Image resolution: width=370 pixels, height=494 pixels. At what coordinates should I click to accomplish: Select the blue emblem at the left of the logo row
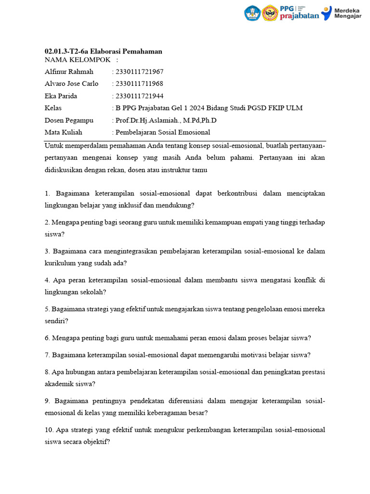(252, 13)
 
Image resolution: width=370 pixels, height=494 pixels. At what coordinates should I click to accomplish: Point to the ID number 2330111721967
(136, 72)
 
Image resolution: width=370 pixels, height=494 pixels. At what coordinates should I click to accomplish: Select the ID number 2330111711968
(136, 84)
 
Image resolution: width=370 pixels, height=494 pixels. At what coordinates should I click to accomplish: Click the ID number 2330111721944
(136, 96)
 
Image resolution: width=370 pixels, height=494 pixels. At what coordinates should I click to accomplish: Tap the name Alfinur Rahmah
(69, 72)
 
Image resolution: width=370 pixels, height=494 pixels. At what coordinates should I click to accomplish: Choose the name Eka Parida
(61, 96)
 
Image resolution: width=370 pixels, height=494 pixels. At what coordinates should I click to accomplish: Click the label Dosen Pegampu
(69, 120)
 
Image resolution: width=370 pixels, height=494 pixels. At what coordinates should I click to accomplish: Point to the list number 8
(47, 372)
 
